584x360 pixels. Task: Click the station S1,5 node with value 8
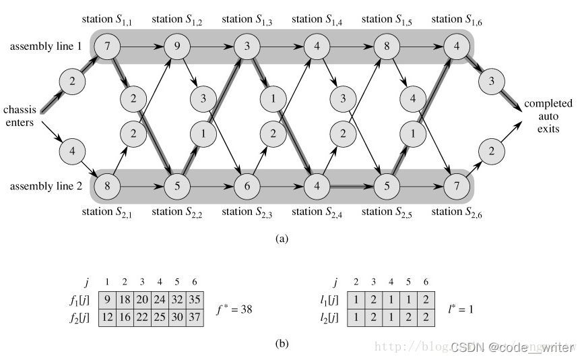(385, 47)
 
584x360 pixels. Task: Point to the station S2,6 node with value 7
(455, 183)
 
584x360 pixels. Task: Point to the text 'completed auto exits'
(548, 115)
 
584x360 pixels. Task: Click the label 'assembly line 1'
(44, 47)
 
